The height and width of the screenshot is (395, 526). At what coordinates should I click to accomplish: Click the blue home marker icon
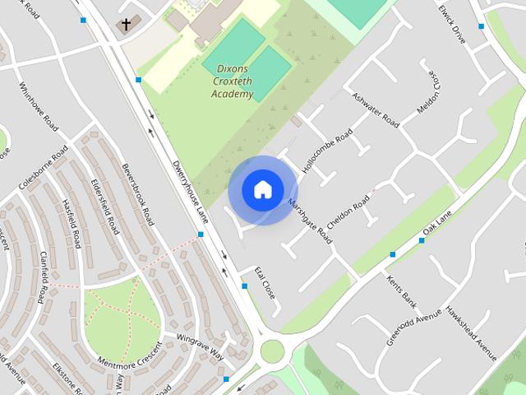262,189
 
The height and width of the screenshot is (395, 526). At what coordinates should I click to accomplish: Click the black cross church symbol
126,25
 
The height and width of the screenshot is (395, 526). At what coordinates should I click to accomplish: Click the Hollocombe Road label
327,149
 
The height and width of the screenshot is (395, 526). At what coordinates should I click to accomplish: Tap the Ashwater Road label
375,112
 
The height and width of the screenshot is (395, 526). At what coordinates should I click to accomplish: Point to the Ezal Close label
264,281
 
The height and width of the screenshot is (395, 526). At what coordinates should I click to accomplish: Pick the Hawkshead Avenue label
472,333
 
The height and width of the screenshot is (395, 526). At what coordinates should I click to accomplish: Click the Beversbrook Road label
137,194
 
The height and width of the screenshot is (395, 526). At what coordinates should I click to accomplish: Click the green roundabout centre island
272,351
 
